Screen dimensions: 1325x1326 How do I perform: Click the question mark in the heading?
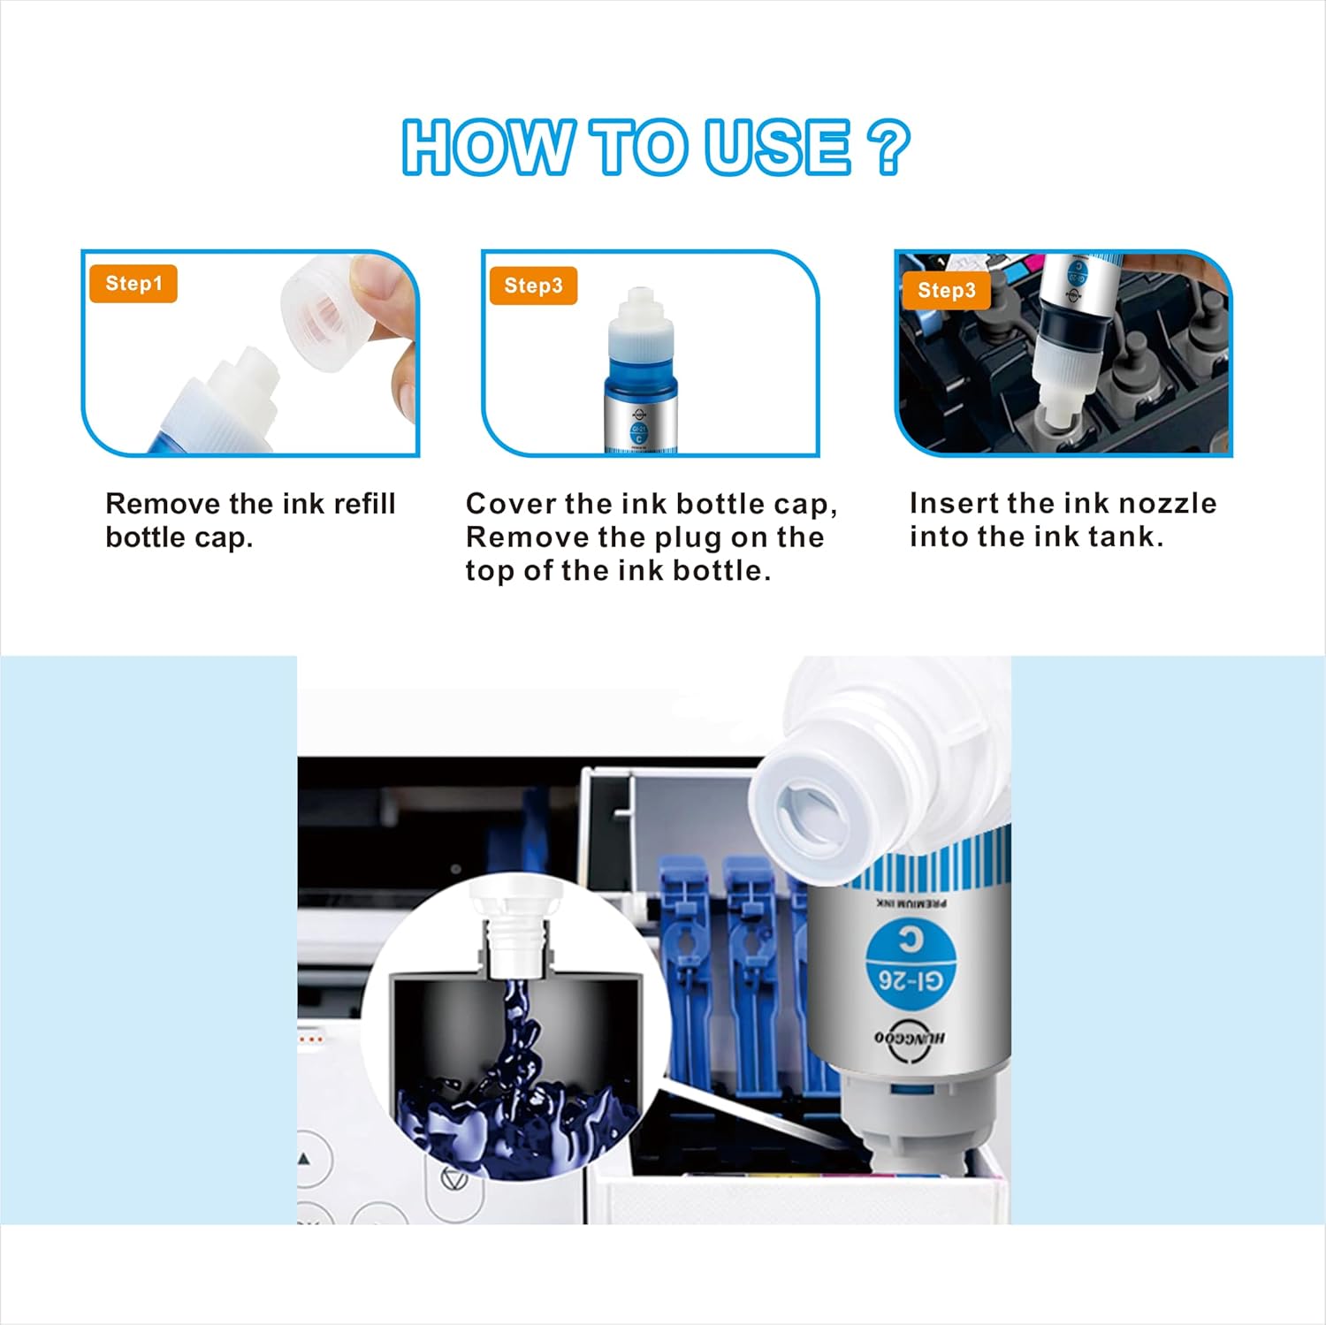pyautogui.click(x=888, y=148)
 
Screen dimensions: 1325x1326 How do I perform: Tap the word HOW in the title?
pyautogui.click(x=487, y=148)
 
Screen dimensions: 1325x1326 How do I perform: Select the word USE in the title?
pyautogui.click(x=777, y=148)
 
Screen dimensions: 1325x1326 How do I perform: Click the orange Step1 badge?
pyautogui.click(x=133, y=284)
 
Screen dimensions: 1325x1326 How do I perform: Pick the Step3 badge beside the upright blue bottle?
pyautogui.click(x=533, y=286)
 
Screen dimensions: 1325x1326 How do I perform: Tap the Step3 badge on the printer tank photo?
pyautogui.click(x=946, y=291)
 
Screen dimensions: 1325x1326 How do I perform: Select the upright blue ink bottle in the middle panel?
pyautogui.click(x=641, y=376)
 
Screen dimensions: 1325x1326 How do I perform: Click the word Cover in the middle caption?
pyautogui.click(x=510, y=504)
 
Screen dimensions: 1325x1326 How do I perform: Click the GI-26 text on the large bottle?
pyautogui.click(x=911, y=979)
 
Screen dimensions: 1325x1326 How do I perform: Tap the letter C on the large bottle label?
pyautogui.click(x=910, y=940)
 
